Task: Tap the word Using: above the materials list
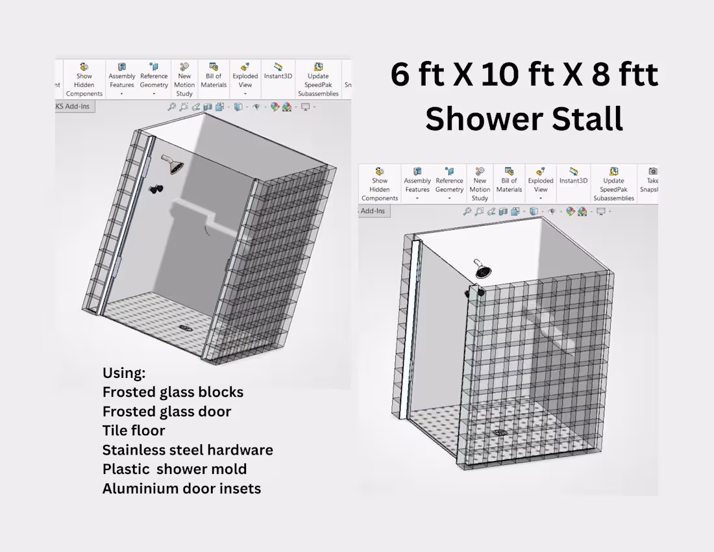pyautogui.click(x=124, y=373)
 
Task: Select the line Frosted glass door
pyautogui.click(x=167, y=411)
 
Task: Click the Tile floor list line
pyautogui.click(x=134, y=431)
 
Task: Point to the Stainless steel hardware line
pyautogui.click(x=188, y=450)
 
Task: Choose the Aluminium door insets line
pyautogui.click(x=182, y=488)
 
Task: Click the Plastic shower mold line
pyautogui.click(x=175, y=469)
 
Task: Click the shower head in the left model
pyautogui.click(x=173, y=164)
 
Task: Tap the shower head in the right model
pyautogui.click(x=482, y=269)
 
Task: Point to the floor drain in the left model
pyautogui.click(x=186, y=327)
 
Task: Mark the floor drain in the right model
pyautogui.click(x=500, y=433)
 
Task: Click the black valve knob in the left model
pyautogui.click(x=156, y=189)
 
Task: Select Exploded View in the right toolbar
pyautogui.click(x=541, y=183)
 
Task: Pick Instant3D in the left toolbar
pyautogui.click(x=278, y=71)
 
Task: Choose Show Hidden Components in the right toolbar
pyautogui.click(x=380, y=184)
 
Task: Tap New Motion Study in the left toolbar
pyautogui.click(x=184, y=80)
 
